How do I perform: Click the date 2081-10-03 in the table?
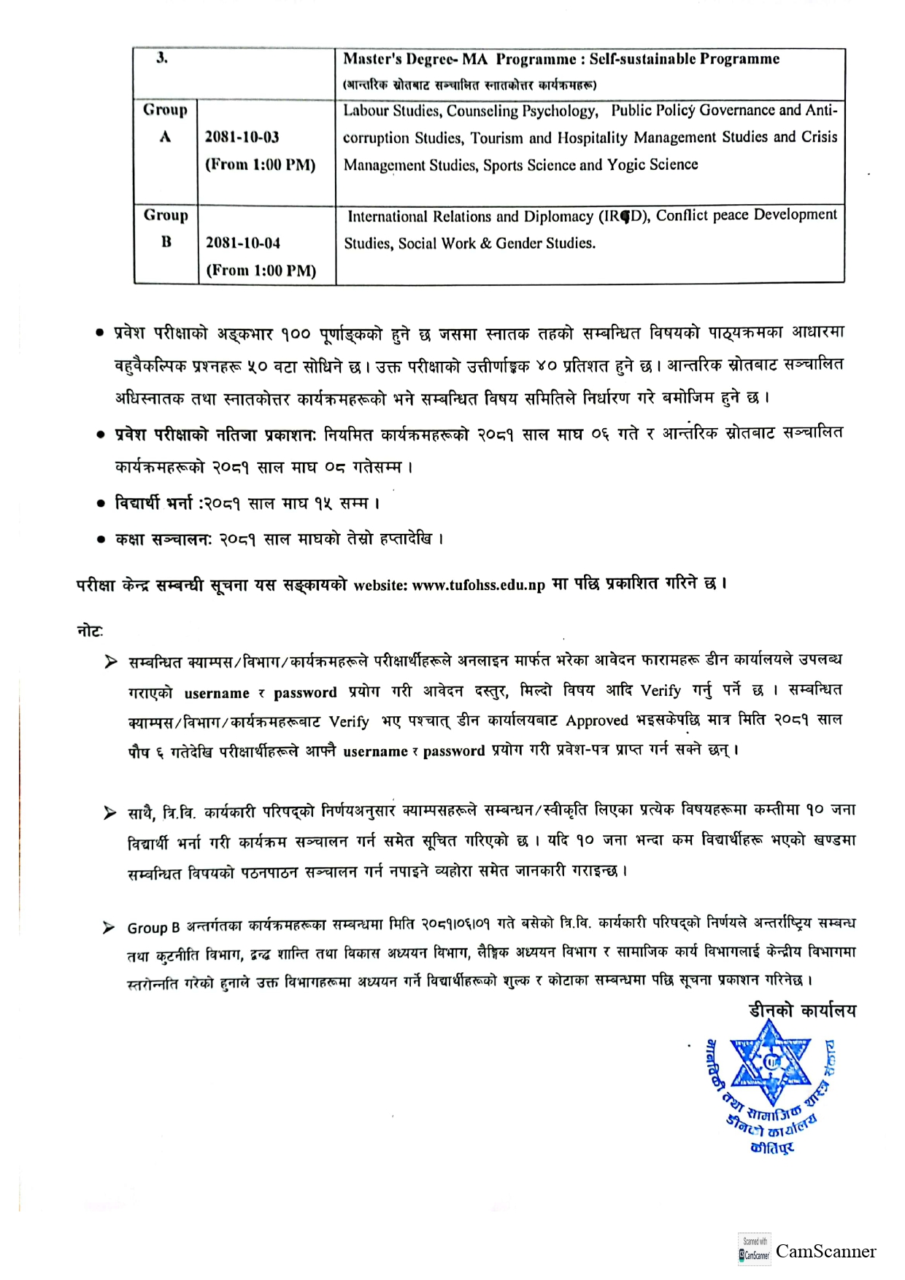tap(242, 137)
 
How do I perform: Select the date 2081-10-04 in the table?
tap(242, 243)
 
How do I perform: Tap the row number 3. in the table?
tap(162, 59)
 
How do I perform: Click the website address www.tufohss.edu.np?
tap(478, 586)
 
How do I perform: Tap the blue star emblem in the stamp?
tap(771, 1063)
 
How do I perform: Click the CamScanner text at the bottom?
tap(825, 1252)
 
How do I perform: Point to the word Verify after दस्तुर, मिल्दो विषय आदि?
tap(661, 691)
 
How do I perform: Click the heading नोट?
tap(90, 631)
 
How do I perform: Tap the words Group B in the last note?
tap(153, 928)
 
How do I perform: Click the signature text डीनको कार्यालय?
tap(802, 1011)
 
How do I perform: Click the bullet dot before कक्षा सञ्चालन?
tap(101, 540)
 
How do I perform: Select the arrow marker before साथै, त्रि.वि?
tap(110, 812)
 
